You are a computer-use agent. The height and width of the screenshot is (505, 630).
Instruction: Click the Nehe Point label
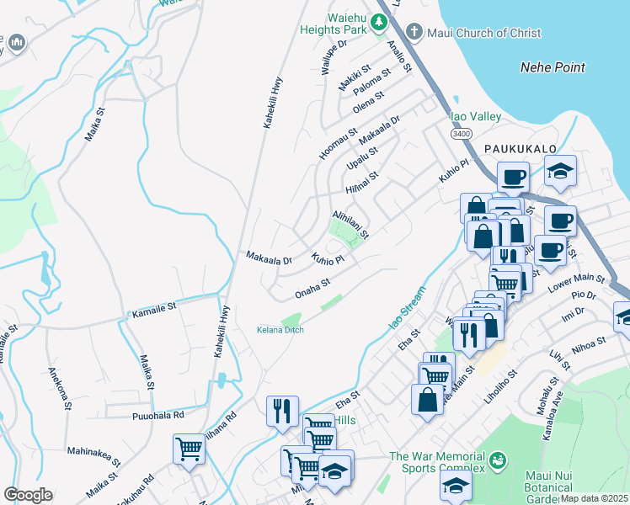[553, 67]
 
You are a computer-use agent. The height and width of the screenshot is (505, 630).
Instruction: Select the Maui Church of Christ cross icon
[414, 33]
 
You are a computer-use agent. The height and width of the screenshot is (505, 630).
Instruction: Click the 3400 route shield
[460, 133]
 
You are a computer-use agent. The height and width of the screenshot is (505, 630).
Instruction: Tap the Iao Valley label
[476, 116]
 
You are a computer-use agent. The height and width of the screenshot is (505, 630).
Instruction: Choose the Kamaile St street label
[153, 312]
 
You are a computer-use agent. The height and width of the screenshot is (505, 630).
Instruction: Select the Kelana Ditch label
[280, 330]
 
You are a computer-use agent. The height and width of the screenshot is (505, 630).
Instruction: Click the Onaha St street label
[312, 290]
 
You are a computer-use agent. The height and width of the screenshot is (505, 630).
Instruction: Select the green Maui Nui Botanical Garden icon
[498, 460]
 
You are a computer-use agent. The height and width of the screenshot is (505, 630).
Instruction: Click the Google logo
[28, 495]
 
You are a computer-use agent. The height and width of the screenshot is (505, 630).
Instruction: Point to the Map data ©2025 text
[594, 497]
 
